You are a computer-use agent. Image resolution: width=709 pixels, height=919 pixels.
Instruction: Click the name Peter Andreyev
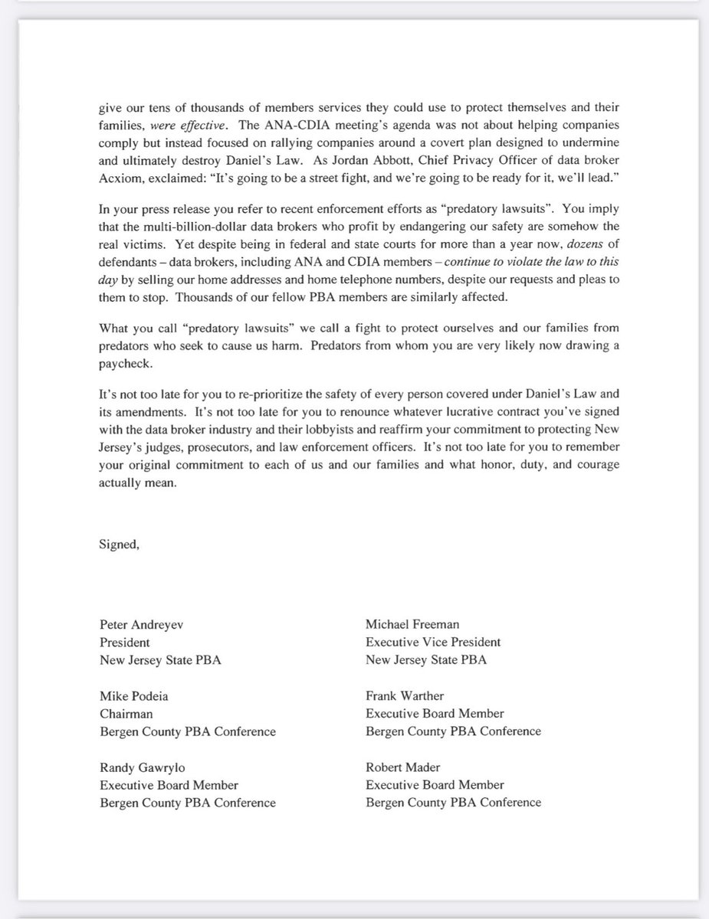[141, 624]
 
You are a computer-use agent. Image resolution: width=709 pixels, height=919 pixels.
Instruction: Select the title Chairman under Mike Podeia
[124, 714]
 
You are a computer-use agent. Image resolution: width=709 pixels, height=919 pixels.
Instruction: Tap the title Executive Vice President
[433, 642]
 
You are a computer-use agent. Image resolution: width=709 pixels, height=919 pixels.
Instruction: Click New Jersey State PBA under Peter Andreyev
[160, 660]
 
